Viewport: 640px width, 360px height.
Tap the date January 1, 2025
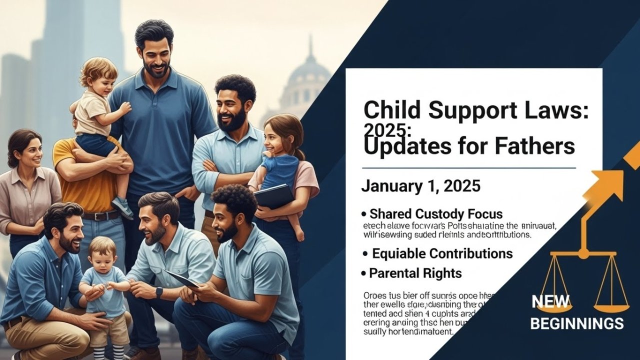pos(420,186)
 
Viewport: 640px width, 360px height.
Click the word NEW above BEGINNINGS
pos(550,301)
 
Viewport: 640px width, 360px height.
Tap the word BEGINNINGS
pos(576,323)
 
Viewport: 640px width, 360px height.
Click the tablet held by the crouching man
pos(181,278)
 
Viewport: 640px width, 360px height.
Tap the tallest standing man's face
pos(154,50)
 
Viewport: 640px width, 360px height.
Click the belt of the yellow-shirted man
pos(100,215)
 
